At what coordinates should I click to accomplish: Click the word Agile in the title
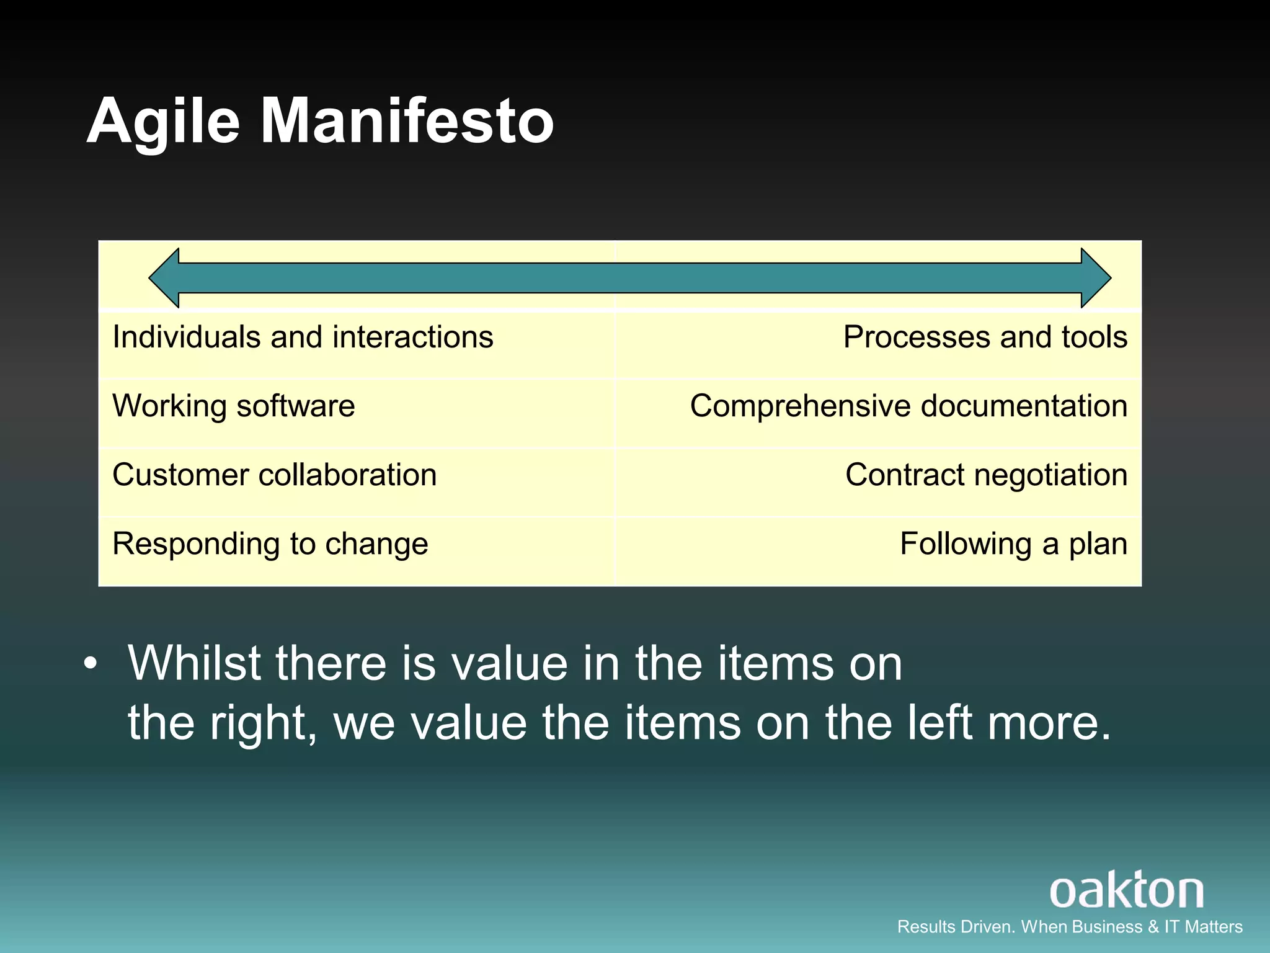(163, 122)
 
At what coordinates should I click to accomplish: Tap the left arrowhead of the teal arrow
(165, 278)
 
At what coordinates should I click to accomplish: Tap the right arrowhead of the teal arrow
(1096, 278)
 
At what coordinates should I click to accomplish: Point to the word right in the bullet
(261, 723)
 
